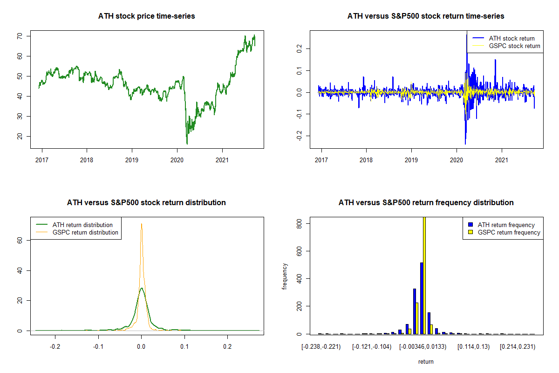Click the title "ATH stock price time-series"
tap(146, 16)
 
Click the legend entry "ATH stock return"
tap(511, 38)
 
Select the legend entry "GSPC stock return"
tap(514, 46)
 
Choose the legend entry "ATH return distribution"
tap(82, 225)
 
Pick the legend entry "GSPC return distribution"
tap(85, 232)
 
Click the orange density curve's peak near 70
tap(141, 224)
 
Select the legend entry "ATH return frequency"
tap(509, 225)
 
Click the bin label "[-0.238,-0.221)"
tap(321, 347)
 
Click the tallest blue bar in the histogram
tap(422, 298)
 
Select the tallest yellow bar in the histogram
tap(424, 275)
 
